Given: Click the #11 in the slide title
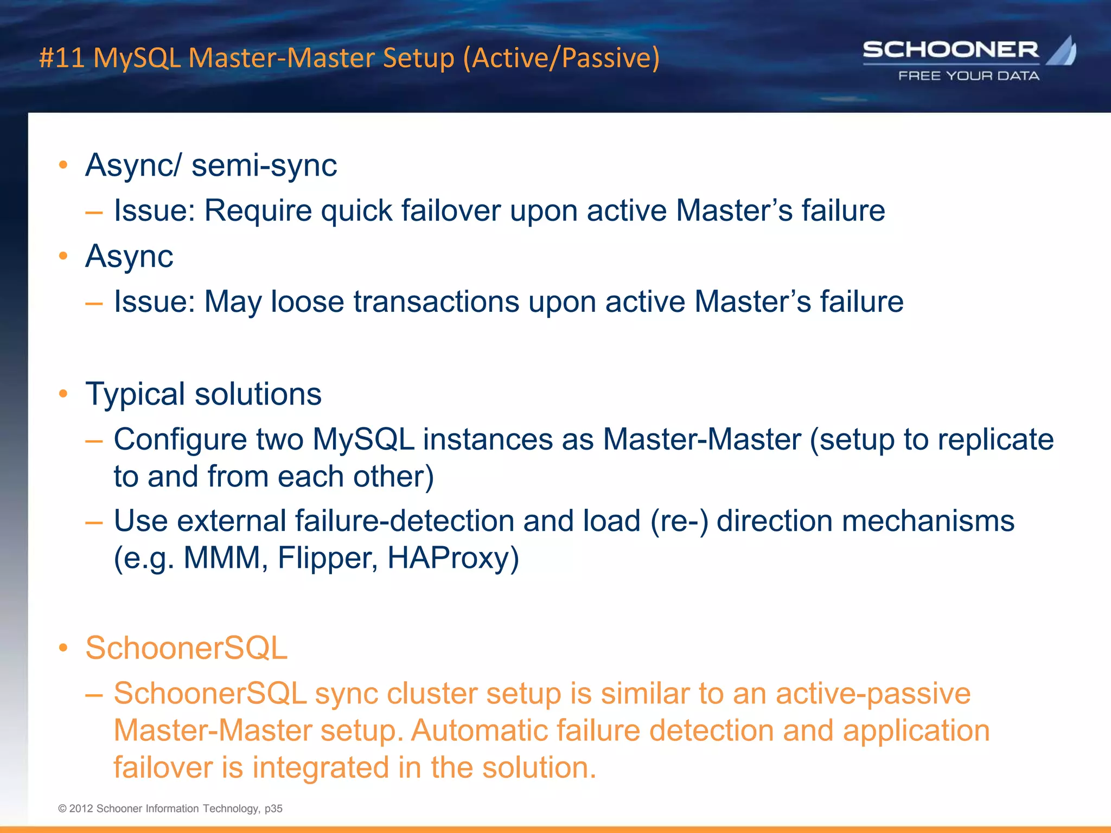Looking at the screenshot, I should pyautogui.click(x=62, y=58).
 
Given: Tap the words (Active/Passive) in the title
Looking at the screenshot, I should pyautogui.click(x=561, y=58).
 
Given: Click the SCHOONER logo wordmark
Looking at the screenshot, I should pyautogui.click(x=950, y=50).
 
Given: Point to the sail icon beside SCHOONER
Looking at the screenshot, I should pyautogui.click(x=1062, y=51).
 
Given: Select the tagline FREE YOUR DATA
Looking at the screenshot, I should pyautogui.click(x=969, y=76).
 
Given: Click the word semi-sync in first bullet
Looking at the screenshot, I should pyautogui.click(x=264, y=165).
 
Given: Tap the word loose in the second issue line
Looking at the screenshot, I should pyautogui.click(x=307, y=302).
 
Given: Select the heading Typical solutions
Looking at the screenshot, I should pyautogui.click(x=203, y=394).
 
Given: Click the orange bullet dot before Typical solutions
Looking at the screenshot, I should pyautogui.click(x=63, y=394).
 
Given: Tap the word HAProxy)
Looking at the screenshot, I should pyautogui.click(x=453, y=558).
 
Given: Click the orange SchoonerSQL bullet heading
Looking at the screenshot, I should pyautogui.click(x=186, y=648).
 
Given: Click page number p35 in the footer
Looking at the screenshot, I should pyautogui.click(x=273, y=809).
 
